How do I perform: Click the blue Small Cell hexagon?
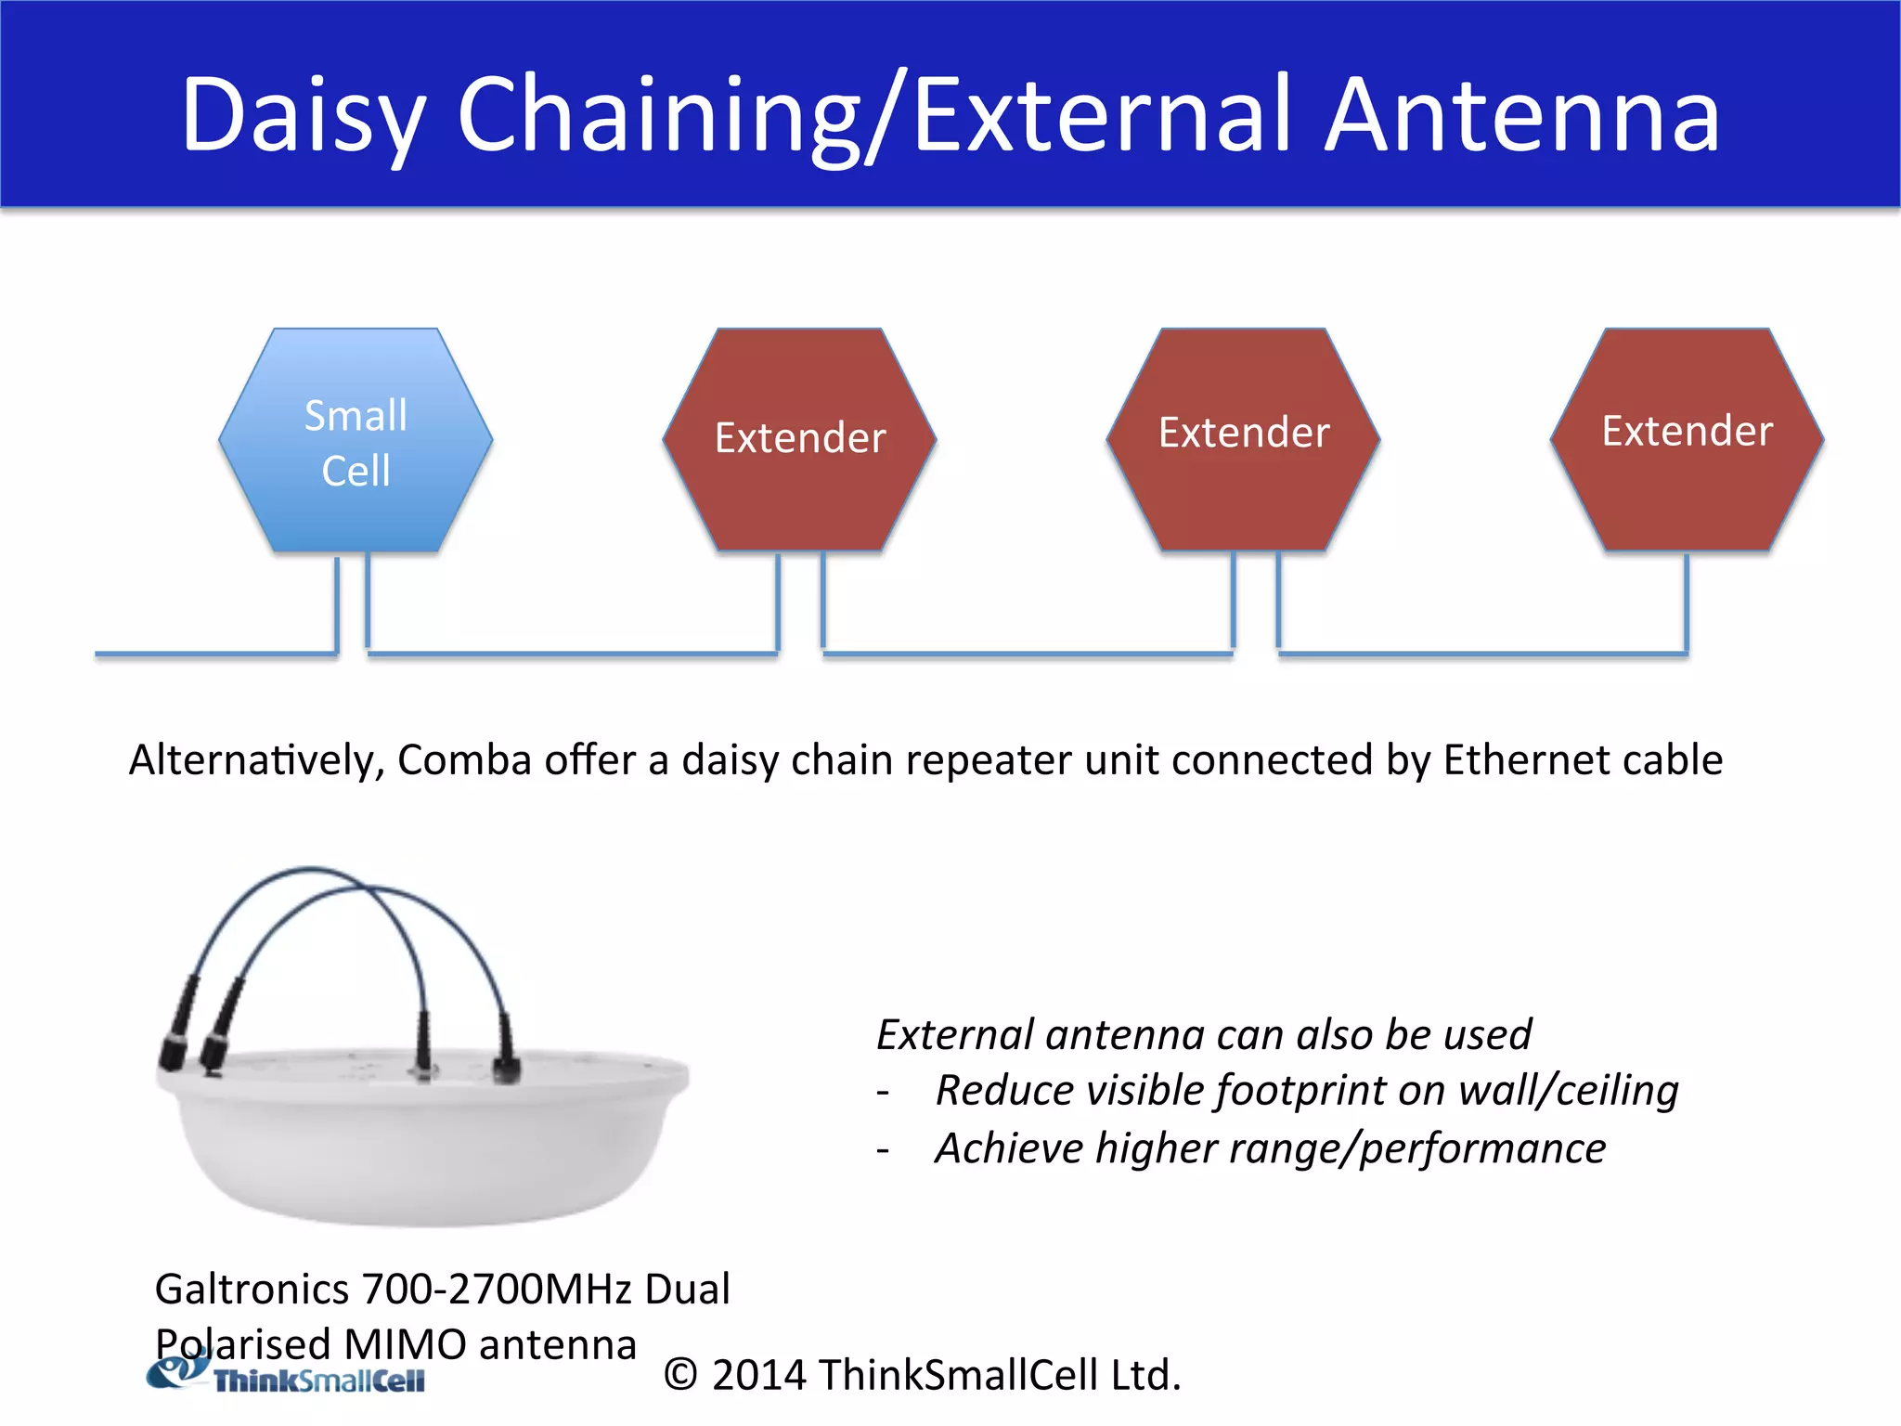[x=356, y=441]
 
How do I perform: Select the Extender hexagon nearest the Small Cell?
[x=799, y=439]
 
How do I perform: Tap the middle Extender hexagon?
[x=1243, y=439]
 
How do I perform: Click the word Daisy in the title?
[x=302, y=116]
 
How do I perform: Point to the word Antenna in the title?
[x=1522, y=116]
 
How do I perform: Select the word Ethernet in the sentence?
[x=1527, y=760]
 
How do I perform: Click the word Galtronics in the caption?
[x=252, y=1289]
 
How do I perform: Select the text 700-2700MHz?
[x=498, y=1289]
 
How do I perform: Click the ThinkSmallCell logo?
[x=288, y=1376]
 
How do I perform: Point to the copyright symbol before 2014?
[x=680, y=1375]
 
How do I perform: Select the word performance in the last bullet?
[x=1482, y=1148]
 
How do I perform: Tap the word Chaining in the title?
[x=659, y=116]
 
